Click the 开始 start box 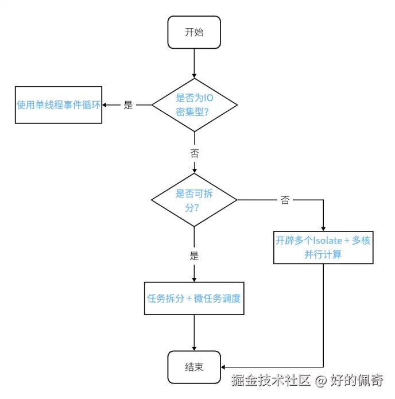pyautogui.click(x=194, y=32)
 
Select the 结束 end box pyautogui.click(x=194, y=367)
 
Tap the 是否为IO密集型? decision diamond pyautogui.click(x=194, y=104)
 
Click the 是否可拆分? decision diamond pyautogui.click(x=194, y=200)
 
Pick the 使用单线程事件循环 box pyautogui.click(x=59, y=105)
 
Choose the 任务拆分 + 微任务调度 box pyautogui.click(x=194, y=299)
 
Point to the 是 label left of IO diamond pyautogui.click(x=128, y=105)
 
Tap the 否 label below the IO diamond pyautogui.click(x=194, y=153)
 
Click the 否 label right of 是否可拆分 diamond pyautogui.click(x=285, y=200)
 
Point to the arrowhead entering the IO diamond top pyautogui.click(x=194, y=75)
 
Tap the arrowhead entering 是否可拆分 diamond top pyautogui.click(x=194, y=170)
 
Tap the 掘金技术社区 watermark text pyautogui.click(x=271, y=379)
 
